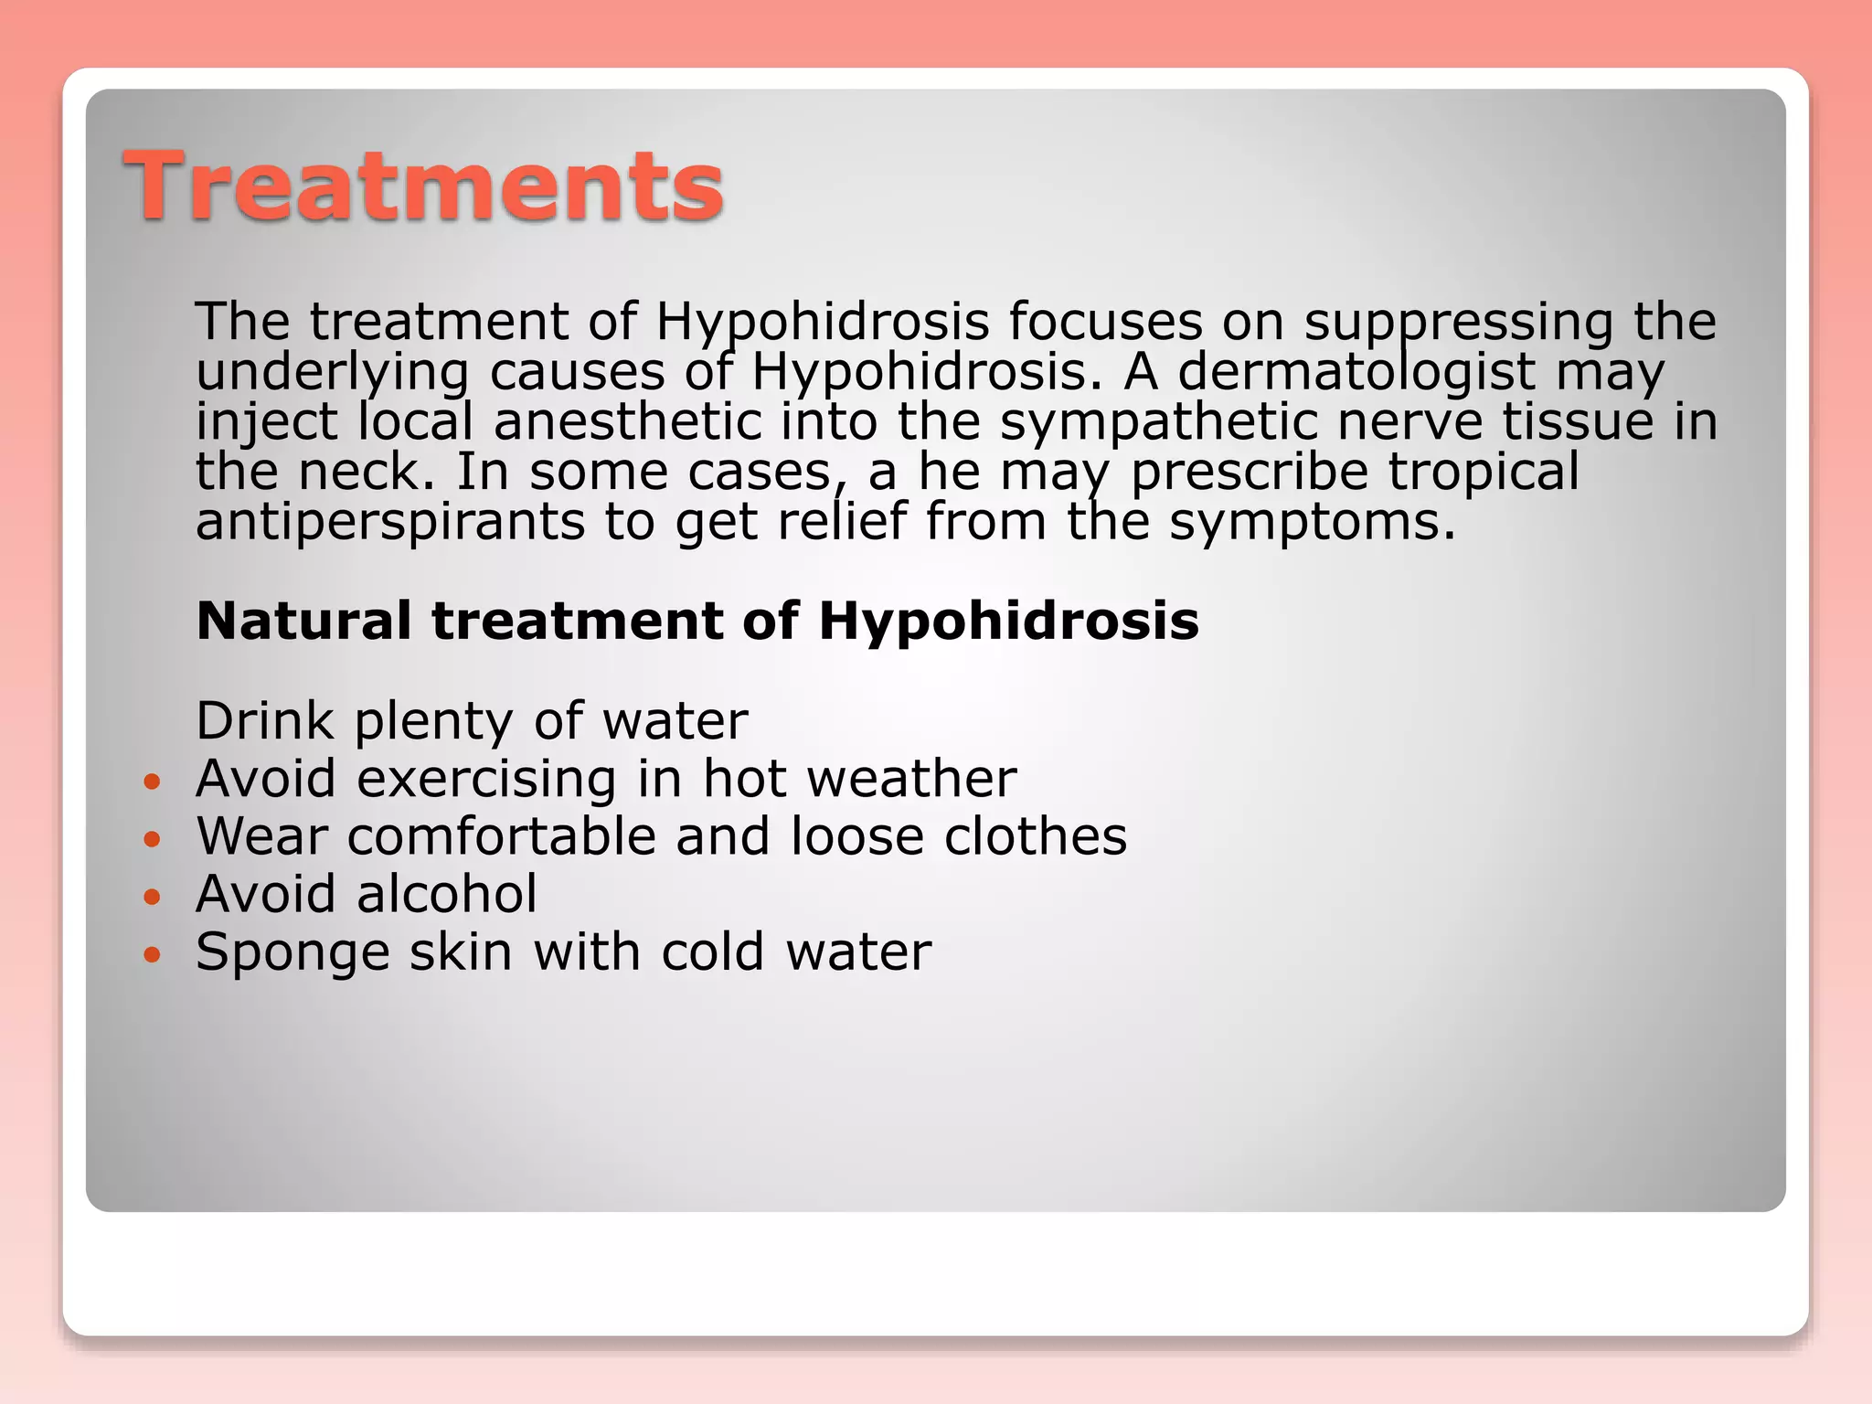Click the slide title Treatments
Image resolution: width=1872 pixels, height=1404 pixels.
point(424,186)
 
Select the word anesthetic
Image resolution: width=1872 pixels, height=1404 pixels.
point(627,422)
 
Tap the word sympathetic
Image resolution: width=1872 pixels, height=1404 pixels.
point(1157,422)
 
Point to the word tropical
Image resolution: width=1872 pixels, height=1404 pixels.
point(1483,472)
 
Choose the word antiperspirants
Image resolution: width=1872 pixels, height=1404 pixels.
point(390,522)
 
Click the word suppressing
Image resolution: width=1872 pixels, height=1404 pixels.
point(1458,322)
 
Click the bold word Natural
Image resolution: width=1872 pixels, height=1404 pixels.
point(303,621)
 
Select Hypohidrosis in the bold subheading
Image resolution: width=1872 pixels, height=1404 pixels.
point(1008,621)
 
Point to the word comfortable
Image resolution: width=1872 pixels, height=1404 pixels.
point(501,836)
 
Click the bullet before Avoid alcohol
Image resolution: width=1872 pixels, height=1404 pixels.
point(153,898)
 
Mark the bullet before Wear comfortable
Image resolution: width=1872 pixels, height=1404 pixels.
point(153,839)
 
